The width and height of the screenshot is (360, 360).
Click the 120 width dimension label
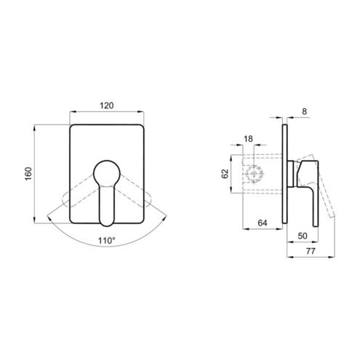tap(107, 105)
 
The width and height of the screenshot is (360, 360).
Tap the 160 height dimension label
tap(28, 174)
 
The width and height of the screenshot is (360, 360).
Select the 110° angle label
tap(106, 241)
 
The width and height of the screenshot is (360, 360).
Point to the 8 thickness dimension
tap(305, 111)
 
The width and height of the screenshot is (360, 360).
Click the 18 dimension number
tap(248, 139)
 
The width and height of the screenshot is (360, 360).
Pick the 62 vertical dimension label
tap(225, 174)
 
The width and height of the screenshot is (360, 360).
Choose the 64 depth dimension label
tap(263, 223)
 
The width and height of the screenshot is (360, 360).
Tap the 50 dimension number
tap(303, 236)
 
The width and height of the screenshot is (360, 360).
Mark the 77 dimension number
tap(311, 251)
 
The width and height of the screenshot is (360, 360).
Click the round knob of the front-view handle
tap(107, 173)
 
